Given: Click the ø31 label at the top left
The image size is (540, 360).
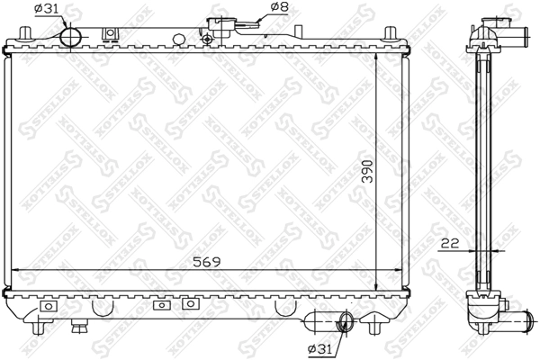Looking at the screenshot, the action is pos(47,9).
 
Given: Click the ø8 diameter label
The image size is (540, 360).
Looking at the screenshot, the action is pos(280,6).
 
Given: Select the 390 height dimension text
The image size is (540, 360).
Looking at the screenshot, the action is pos(368,171).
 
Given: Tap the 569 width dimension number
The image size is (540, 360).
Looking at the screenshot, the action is pos(206,262).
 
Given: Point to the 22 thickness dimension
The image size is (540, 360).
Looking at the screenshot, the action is pos(450,243).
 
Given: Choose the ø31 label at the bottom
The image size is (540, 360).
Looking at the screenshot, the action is pos(320,349).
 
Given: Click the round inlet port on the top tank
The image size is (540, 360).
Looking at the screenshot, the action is pos(70,37).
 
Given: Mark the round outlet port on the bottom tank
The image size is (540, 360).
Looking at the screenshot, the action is pos(346,322).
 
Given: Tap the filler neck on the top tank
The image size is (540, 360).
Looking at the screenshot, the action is pos(221,28).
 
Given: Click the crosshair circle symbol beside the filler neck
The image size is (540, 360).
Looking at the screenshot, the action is pos(207,40).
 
